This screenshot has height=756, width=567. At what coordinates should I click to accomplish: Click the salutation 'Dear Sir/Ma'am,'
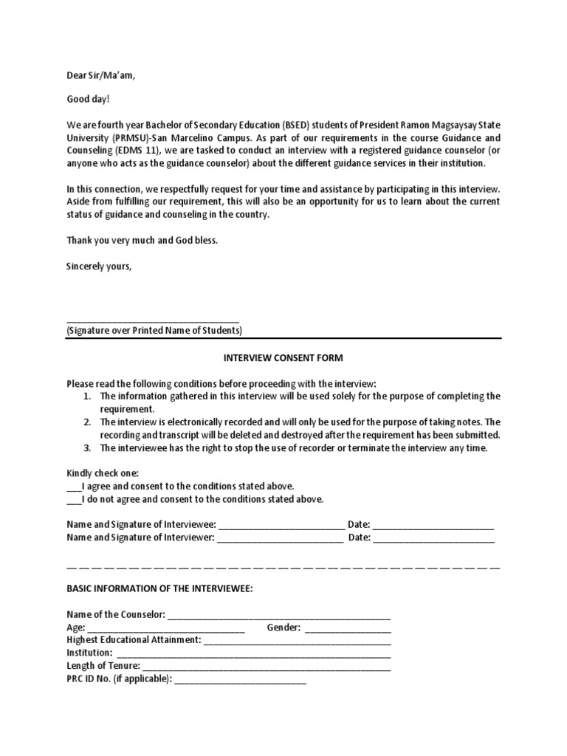click(x=101, y=75)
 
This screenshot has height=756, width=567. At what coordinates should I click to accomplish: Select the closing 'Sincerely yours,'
click(x=99, y=266)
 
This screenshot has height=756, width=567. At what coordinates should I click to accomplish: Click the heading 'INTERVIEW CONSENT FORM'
click(x=283, y=358)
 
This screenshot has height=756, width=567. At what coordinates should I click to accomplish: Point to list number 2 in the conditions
click(x=86, y=422)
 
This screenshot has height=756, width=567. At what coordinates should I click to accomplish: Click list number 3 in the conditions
click(x=86, y=448)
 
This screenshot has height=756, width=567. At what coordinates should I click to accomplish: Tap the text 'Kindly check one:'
click(x=103, y=472)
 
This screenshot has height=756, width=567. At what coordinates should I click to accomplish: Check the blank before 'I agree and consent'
click(x=74, y=487)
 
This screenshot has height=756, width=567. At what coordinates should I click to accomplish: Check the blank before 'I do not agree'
click(x=74, y=500)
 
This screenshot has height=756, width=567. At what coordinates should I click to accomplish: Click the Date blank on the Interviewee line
click(x=433, y=525)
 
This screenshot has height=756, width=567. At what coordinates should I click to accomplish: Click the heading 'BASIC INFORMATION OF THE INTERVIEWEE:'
click(x=159, y=589)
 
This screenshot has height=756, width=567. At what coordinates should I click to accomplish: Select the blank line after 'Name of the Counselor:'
click(x=279, y=615)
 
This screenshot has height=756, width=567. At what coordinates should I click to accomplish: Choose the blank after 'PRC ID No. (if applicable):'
click(x=240, y=679)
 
